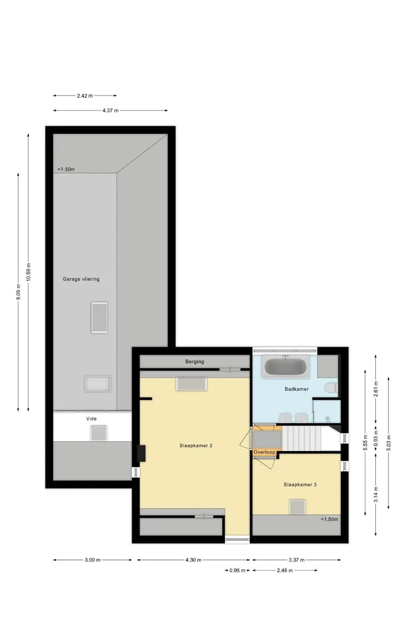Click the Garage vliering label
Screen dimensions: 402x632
coord(81,279)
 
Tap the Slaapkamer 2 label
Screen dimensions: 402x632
coord(196,446)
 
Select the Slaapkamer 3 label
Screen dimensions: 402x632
coord(300,485)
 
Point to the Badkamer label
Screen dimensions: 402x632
coord(297,389)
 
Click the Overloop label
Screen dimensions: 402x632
coord(265,452)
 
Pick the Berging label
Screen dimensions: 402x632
coord(195,362)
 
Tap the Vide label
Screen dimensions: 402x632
coord(92,419)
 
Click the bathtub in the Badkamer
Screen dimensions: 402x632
coord(285,367)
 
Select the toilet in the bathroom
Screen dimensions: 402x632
coord(331,388)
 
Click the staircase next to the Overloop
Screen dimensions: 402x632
coord(302,438)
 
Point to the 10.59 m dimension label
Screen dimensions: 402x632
coord(28,273)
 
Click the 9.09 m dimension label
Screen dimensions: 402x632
coord(18,292)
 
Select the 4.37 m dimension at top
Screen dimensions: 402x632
coord(111,111)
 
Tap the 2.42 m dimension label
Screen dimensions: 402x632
coord(85,95)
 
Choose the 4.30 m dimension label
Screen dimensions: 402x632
coord(194,560)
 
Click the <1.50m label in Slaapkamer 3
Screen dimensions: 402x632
coord(329,519)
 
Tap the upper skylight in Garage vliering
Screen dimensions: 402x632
coord(99,318)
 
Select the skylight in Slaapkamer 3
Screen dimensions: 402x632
coord(297,506)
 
